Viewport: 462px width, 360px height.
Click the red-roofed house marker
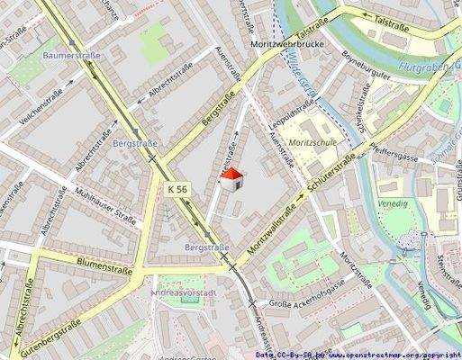coord(232,179)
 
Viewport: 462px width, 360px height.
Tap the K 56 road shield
coord(177,190)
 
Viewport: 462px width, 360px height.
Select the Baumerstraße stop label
coord(71,56)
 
